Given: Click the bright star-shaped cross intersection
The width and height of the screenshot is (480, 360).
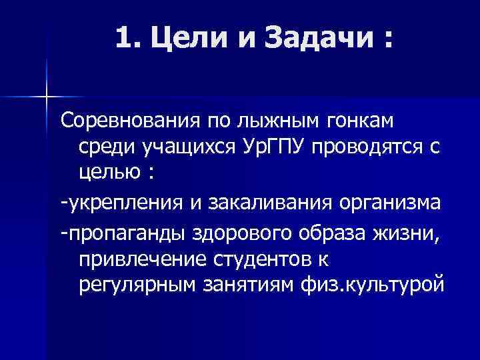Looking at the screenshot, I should [47, 97].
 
